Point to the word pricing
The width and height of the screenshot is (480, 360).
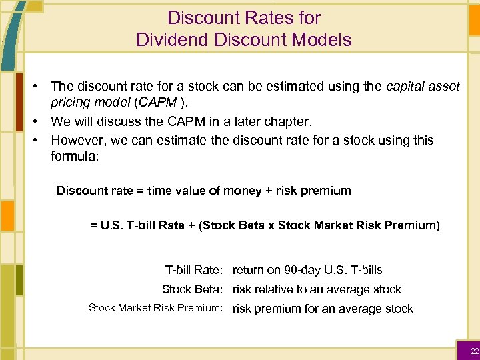[x=71, y=103]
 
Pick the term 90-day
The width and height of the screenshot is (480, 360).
[x=303, y=270]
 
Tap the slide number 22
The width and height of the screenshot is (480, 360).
[x=474, y=351]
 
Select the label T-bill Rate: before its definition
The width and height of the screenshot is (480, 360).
[x=193, y=270]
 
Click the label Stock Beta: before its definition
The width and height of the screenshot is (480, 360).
[x=192, y=289]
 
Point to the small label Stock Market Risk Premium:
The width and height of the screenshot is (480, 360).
[x=155, y=308]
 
